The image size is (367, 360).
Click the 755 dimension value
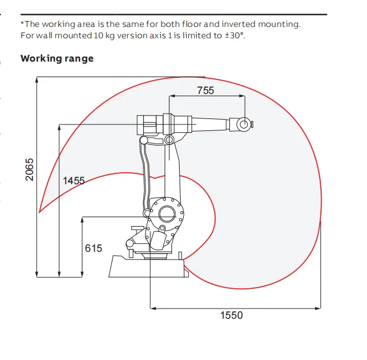click(205, 90)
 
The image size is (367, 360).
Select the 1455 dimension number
click(74, 180)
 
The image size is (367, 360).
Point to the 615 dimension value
click(93, 248)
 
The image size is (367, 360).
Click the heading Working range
click(57, 59)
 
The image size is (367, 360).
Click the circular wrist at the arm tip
click(244, 124)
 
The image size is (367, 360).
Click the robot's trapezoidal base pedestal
click(147, 266)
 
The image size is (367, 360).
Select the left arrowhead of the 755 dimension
click(172, 96)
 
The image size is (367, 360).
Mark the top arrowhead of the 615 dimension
click(81, 218)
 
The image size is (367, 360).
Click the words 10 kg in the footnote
click(88, 35)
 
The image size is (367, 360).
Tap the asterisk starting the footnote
click(23, 24)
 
